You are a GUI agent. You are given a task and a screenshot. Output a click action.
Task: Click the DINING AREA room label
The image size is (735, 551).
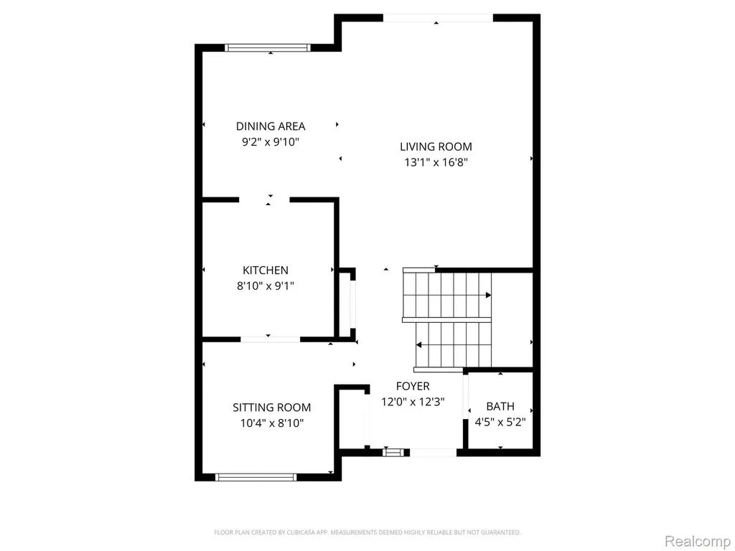click(271, 126)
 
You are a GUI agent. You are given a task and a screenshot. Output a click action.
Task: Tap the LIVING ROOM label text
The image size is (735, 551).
click(436, 146)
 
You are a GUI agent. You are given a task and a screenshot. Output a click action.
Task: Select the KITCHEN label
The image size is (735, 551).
click(266, 270)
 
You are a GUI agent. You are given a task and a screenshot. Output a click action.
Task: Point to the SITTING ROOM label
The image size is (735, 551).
click(272, 408)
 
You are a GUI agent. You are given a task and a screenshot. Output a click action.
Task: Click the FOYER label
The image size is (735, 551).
click(413, 386)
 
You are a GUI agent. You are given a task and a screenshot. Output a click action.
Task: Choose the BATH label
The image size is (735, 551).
click(500, 406)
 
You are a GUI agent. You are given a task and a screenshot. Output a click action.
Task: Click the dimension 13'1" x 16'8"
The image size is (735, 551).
click(436, 163)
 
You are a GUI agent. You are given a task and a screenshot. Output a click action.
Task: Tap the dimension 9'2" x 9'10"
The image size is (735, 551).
click(271, 142)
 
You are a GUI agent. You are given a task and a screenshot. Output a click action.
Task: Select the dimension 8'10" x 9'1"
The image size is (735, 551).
click(266, 286)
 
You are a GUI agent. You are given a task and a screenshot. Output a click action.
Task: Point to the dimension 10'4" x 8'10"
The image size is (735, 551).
click(272, 423)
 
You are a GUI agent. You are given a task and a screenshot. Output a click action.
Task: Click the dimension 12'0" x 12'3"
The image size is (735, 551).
click(413, 402)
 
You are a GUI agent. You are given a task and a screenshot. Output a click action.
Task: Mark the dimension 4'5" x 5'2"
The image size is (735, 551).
click(500, 422)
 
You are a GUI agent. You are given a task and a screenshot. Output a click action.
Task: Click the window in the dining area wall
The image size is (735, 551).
click(268, 47)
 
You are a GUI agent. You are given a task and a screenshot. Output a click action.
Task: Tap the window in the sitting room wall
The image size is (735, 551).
click(256, 477)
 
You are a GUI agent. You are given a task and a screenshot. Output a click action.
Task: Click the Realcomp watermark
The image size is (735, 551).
click(697, 541)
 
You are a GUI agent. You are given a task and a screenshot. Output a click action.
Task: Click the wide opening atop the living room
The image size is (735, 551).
click(438, 18)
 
